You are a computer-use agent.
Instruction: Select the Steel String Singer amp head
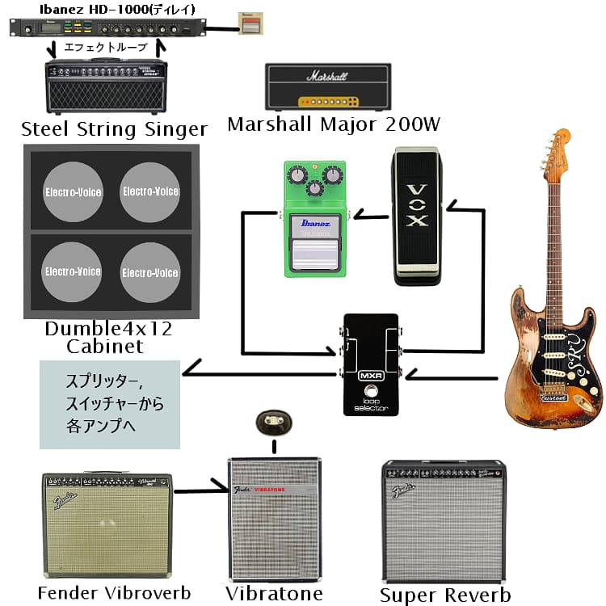coord(107,87)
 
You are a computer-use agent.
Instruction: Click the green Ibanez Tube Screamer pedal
coord(314,219)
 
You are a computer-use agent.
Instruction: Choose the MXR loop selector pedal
coord(369,364)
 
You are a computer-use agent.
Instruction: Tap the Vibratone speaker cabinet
coord(274,520)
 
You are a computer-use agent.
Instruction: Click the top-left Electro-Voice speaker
coord(72,192)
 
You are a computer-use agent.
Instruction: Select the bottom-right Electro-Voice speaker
coord(150,272)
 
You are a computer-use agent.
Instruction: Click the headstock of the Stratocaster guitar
coord(557,153)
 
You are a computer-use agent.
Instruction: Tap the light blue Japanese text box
coord(109,404)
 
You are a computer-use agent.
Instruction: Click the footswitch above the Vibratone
coord(272,421)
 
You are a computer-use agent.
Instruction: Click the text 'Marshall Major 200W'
coord(333,124)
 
